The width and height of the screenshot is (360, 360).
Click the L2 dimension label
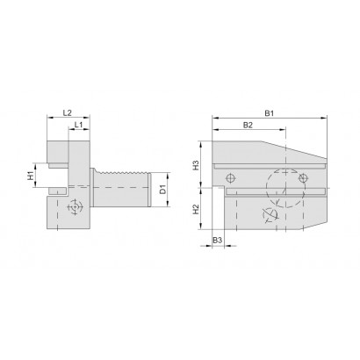click(x=68, y=112)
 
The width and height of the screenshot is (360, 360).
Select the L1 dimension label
click(x=78, y=125)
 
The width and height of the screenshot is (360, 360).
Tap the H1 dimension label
click(x=30, y=176)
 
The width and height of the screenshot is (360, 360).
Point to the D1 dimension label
click(x=162, y=190)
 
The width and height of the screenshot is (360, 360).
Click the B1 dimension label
click(x=270, y=113)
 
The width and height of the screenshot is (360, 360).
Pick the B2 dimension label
click(x=248, y=125)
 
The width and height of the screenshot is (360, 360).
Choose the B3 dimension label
click(x=217, y=241)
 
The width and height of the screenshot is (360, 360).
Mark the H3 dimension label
click(x=196, y=165)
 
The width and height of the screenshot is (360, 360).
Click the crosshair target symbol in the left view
click(x=76, y=207)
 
